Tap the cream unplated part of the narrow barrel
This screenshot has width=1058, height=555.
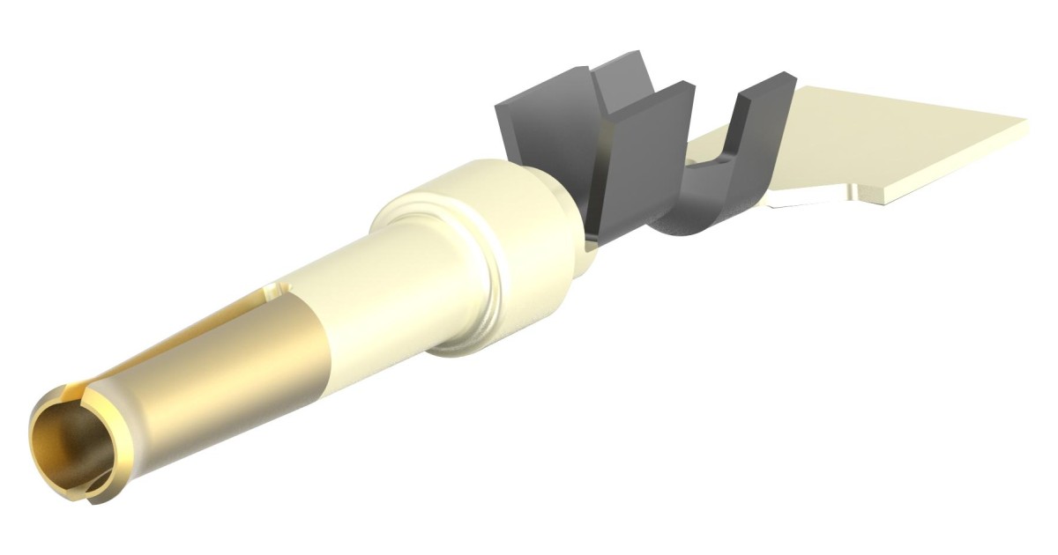point(370,291)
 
